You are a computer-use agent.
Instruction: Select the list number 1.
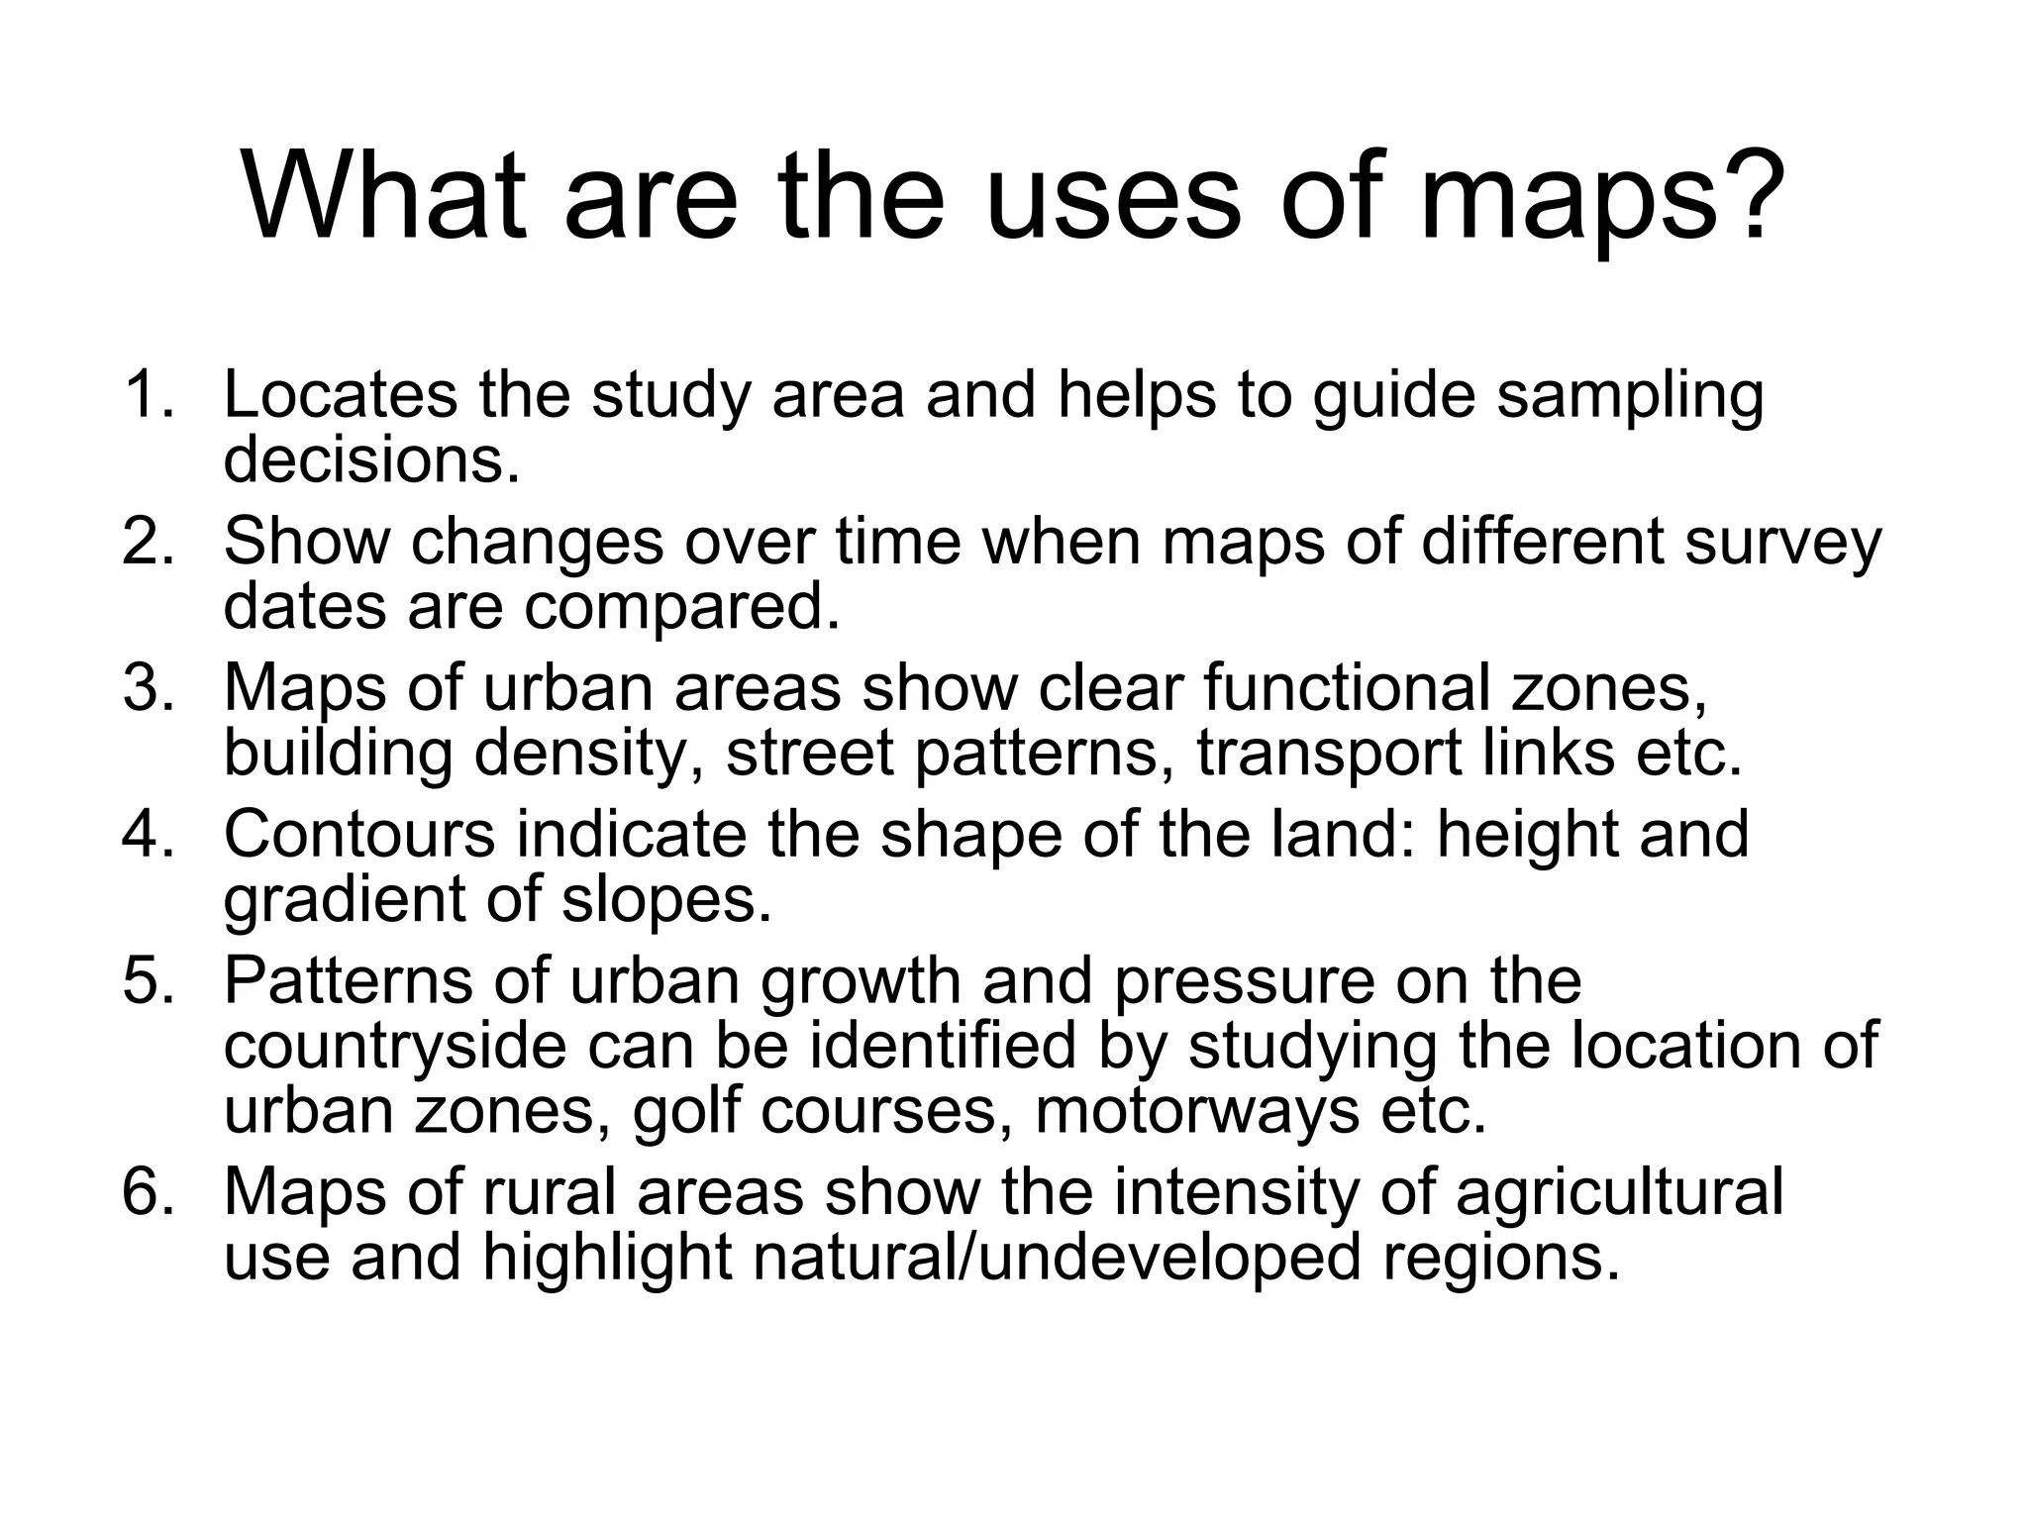[149, 394]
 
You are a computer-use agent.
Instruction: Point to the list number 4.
[149, 834]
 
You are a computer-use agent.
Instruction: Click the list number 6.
[149, 1190]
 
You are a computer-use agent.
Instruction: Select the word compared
[682, 607]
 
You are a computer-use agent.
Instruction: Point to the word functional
[1347, 687]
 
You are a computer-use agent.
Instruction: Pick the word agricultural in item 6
[1619, 1192]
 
